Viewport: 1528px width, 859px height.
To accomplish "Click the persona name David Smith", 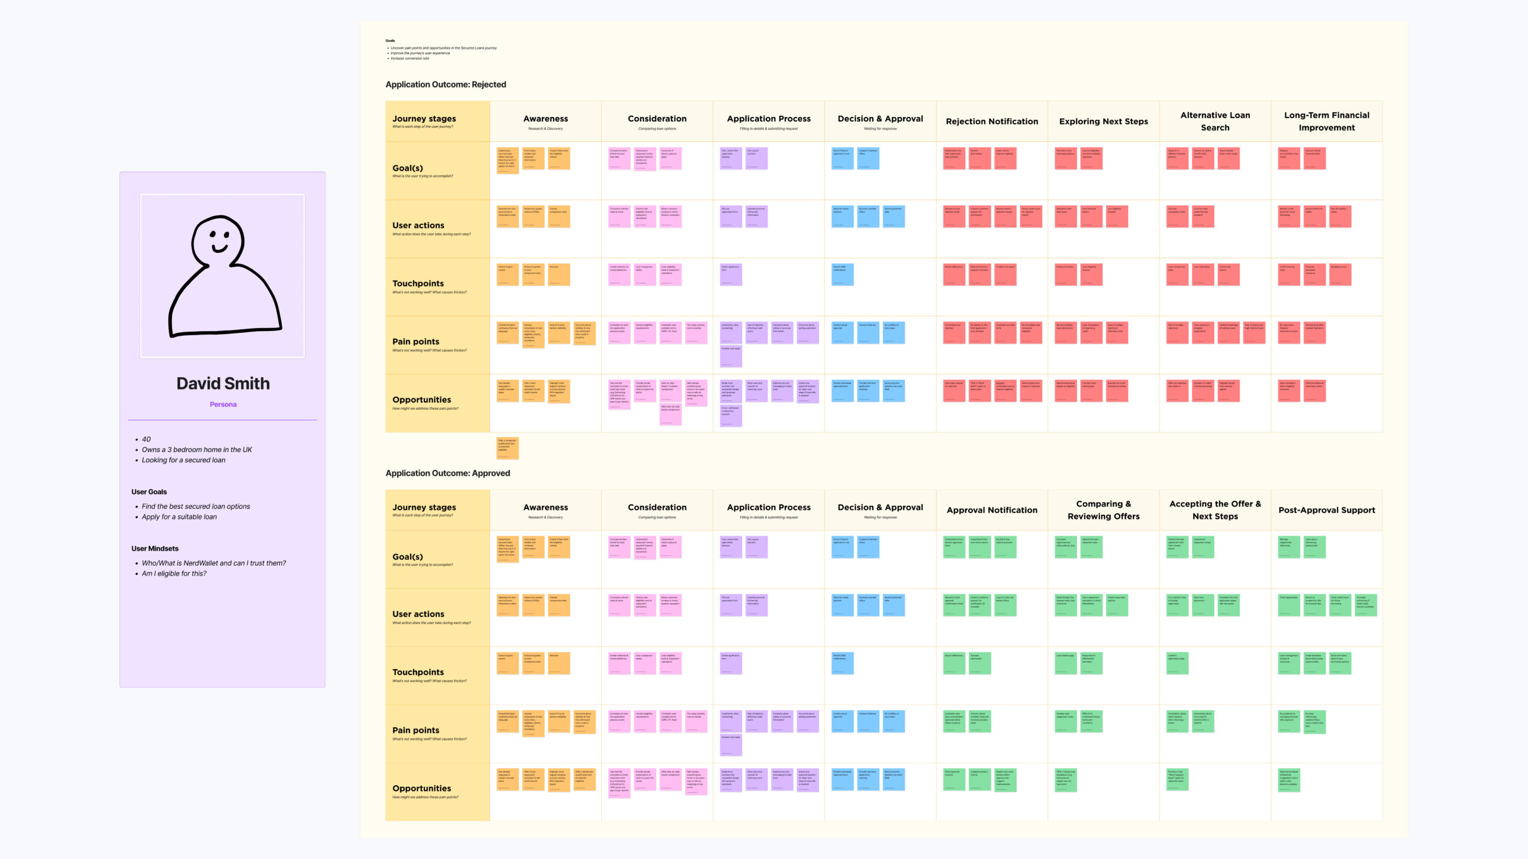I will click(x=223, y=384).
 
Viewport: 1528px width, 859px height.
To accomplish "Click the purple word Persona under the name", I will click(x=223, y=404).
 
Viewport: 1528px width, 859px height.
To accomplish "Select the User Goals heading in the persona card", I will click(x=149, y=492).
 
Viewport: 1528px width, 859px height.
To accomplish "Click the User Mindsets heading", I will click(x=155, y=549).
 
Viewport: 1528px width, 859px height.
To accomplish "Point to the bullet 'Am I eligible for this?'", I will click(x=174, y=574).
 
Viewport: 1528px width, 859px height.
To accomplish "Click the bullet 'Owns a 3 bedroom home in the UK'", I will click(x=196, y=450).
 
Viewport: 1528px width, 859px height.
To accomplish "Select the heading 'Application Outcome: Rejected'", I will click(x=445, y=85).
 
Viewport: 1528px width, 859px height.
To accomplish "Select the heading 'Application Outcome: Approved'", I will click(x=448, y=473).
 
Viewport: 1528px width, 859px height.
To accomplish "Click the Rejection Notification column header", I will click(x=991, y=122).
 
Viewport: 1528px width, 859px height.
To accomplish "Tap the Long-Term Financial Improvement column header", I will click(x=1326, y=121).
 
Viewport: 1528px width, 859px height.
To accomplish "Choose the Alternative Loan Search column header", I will click(x=1215, y=121).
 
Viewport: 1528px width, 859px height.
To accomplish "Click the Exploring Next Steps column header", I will click(x=1103, y=122).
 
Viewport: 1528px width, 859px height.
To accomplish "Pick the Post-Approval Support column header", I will click(x=1326, y=510).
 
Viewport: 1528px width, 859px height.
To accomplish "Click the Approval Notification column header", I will click(x=991, y=510).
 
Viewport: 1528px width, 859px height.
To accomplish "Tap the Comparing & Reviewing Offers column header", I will click(x=1103, y=510).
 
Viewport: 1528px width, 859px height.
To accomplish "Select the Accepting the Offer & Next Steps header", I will click(x=1215, y=510).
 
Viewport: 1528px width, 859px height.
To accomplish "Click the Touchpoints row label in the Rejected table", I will click(x=418, y=284).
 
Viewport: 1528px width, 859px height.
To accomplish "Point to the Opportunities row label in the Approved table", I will click(x=421, y=789).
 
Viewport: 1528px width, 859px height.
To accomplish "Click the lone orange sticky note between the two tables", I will click(x=507, y=448).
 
